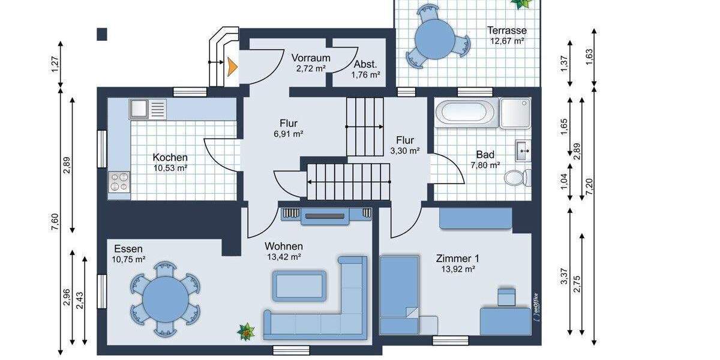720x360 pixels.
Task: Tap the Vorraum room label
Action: tap(311, 58)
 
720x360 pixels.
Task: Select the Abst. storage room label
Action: tap(365, 64)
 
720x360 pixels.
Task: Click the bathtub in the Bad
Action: tap(466, 113)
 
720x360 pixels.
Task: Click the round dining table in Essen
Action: tap(164, 296)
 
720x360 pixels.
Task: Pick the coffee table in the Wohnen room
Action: tap(299, 286)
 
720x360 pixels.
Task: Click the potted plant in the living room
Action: tap(246, 331)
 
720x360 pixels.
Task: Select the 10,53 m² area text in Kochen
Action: tap(170, 168)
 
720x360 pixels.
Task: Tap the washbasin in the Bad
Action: tap(522, 148)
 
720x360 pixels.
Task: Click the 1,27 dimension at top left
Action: tap(55, 64)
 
